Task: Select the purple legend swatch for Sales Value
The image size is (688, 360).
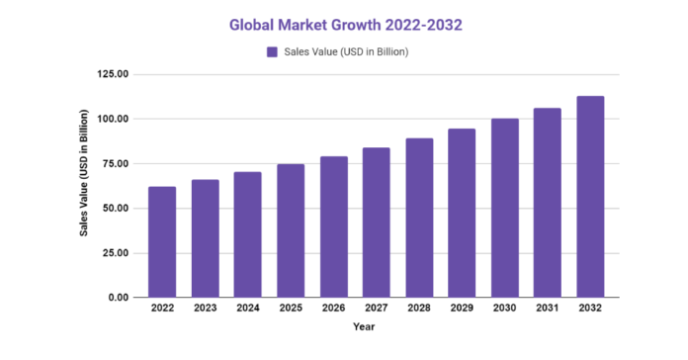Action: coord(271,51)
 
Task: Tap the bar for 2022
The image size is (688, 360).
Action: coord(162,241)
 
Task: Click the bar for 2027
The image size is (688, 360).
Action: coord(376,223)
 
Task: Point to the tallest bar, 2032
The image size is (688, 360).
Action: coord(590,197)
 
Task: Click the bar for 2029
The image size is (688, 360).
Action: coord(462,213)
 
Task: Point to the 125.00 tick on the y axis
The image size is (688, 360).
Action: coord(114,74)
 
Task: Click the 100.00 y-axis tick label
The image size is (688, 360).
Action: coord(114,119)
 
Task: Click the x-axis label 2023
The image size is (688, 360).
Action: coord(205,309)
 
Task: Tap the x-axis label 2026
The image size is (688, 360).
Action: coord(333,309)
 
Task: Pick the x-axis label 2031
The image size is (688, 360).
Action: coord(548,309)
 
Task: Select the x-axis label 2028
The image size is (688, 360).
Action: coord(419,309)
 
